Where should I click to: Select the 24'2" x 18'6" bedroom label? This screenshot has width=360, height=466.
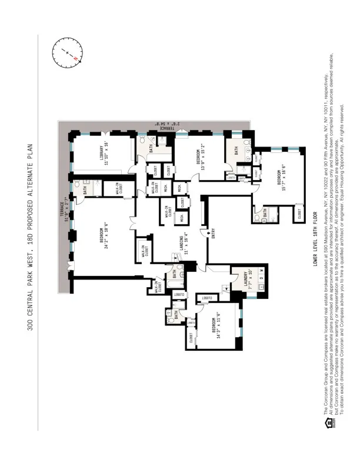tap(104, 233)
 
